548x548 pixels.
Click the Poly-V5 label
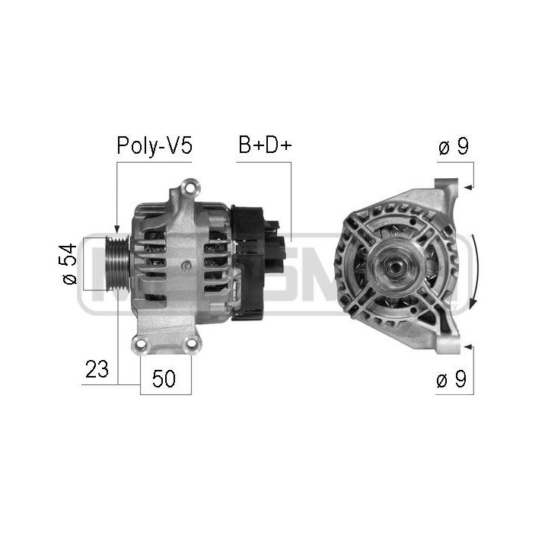coord(155,145)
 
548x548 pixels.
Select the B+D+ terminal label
coord(265,145)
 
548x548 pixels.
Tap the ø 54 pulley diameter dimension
coord(69,264)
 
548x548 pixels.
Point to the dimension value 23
coord(97,369)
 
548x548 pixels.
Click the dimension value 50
coord(164,378)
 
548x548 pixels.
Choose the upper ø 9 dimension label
coord(454,146)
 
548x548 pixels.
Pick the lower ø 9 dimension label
coord(451,379)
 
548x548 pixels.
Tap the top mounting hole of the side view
coord(190,188)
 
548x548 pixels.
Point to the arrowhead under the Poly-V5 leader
coord(117,230)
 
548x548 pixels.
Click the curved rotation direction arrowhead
coord(473,304)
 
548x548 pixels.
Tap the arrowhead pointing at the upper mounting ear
coord(468,188)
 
